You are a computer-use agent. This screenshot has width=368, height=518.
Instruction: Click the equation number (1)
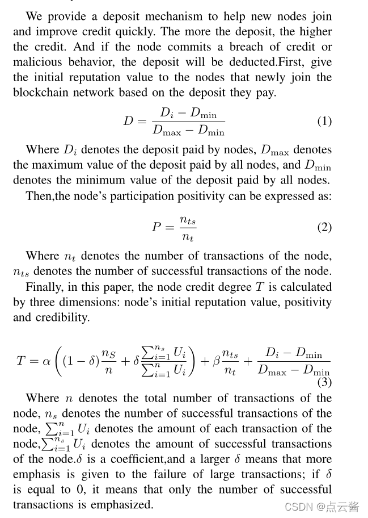pyautogui.click(x=324, y=121)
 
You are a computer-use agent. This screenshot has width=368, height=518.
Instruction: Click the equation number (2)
pyautogui.click(x=324, y=227)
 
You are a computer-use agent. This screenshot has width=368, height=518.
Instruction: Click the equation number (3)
pyautogui.click(x=324, y=382)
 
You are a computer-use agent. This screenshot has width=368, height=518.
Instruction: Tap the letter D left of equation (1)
pyautogui.click(x=128, y=121)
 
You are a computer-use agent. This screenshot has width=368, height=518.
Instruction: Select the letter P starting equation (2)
pyautogui.click(x=156, y=227)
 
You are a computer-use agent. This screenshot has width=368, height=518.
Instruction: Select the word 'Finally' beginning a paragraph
pyautogui.click(x=43, y=287)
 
